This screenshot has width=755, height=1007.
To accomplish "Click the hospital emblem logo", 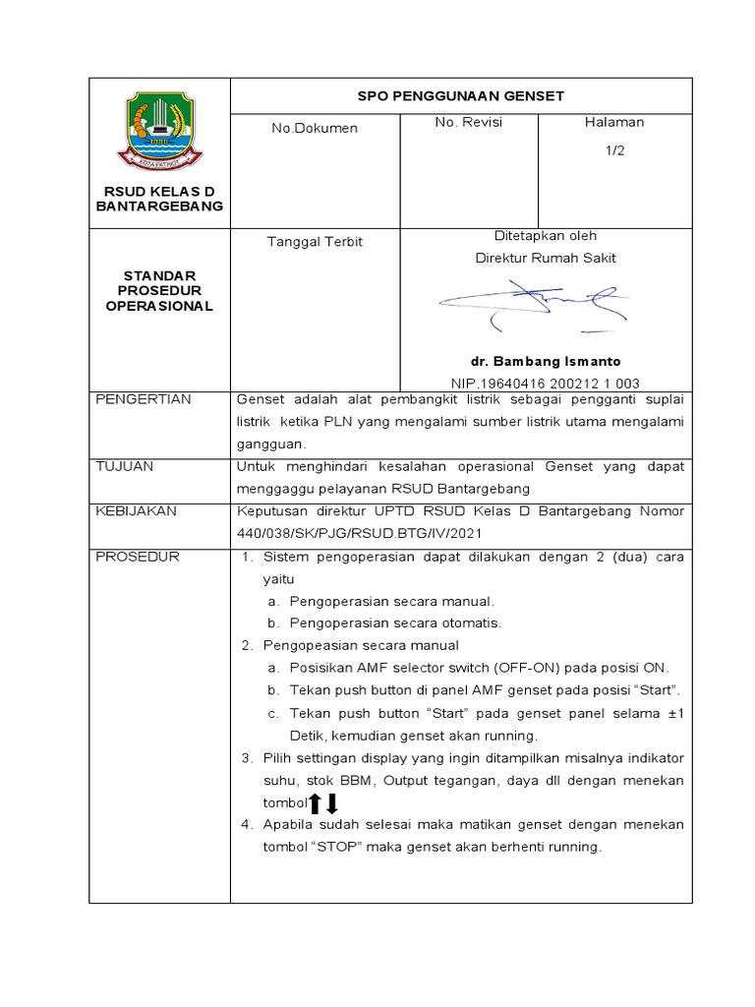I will tap(159, 129).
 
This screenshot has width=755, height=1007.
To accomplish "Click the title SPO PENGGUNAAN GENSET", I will tap(460, 96).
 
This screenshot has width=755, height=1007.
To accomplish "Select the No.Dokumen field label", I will tap(315, 128).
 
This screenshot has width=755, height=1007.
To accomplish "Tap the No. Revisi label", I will tap(469, 122).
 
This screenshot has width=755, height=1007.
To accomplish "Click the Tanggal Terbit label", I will tap(315, 242).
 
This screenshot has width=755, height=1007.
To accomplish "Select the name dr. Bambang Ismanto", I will tap(545, 361).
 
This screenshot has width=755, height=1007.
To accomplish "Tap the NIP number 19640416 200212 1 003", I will tap(545, 383).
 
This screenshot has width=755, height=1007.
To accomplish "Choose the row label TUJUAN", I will tap(124, 466).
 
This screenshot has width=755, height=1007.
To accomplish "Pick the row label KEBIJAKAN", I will tap(135, 511).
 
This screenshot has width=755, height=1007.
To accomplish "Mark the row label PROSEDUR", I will tap(137, 557).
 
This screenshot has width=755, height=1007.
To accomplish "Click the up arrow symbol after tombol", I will tap(316, 803).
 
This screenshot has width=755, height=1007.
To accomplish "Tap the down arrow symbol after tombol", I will tap(332, 803).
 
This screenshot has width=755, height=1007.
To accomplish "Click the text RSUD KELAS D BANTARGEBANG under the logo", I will tap(159, 198).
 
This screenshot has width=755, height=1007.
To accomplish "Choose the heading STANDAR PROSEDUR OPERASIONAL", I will tap(159, 290).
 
